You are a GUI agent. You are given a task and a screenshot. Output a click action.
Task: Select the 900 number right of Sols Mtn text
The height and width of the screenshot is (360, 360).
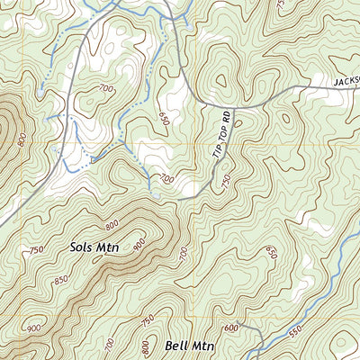coord(139,244)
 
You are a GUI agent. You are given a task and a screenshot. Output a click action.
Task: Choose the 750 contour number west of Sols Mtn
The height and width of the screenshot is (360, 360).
coord(37,250)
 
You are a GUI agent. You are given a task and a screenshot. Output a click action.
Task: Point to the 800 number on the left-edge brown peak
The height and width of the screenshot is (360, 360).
coord(21,139)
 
